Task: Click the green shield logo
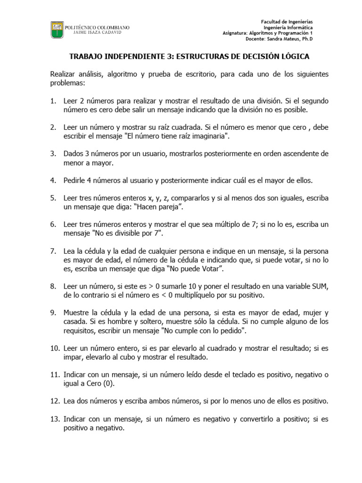click(x=57, y=30)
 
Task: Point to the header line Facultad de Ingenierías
click(x=287, y=22)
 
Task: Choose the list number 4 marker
click(x=53, y=181)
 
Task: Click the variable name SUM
click(x=320, y=286)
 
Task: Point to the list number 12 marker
click(x=55, y=401)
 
